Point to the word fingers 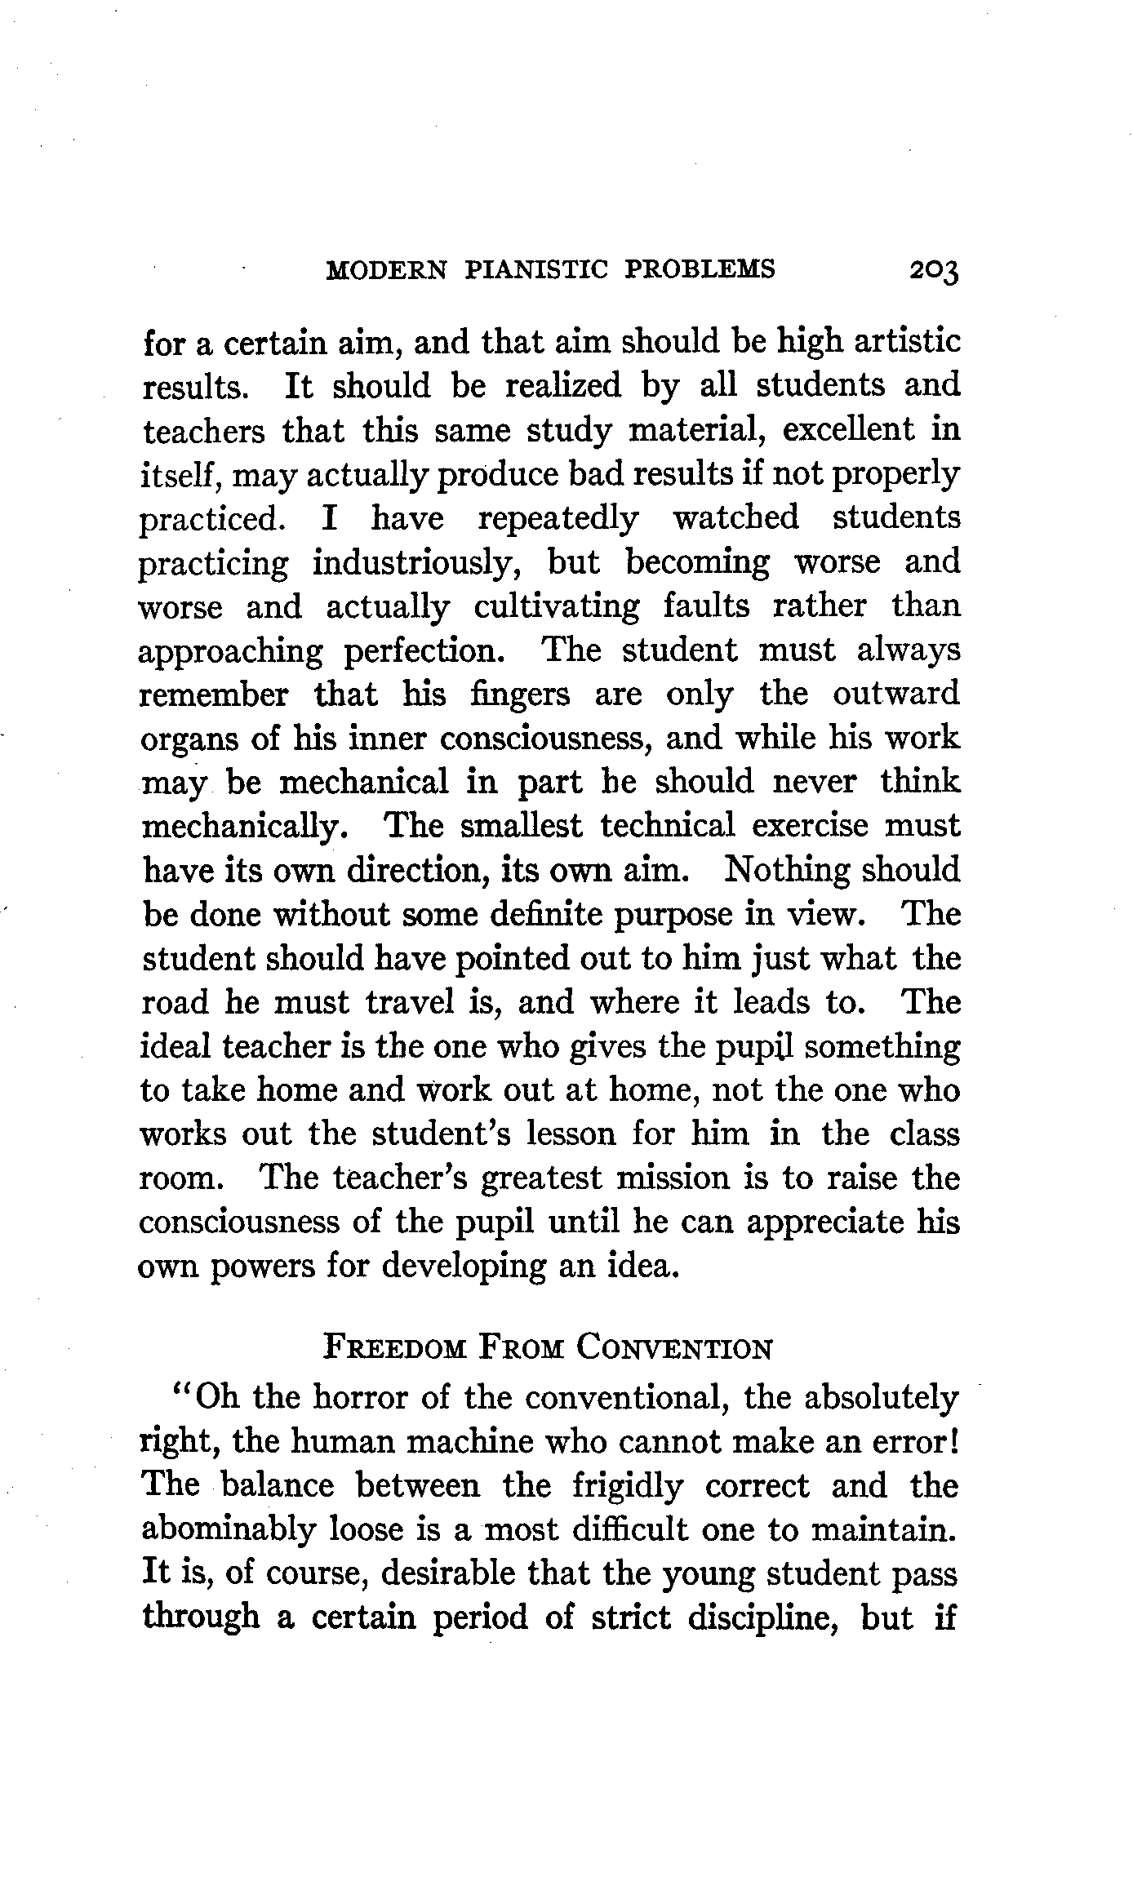[520, 695]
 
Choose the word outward [896, 695]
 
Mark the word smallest [521, 827]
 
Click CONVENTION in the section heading [674, 1348]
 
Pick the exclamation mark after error [953, 1442]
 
